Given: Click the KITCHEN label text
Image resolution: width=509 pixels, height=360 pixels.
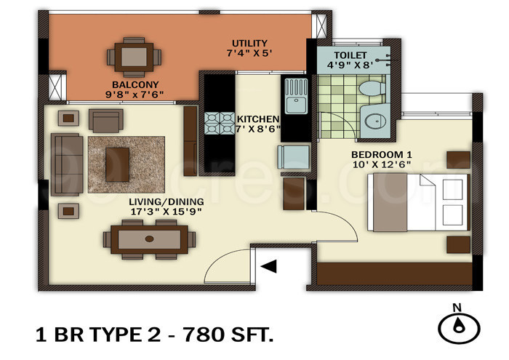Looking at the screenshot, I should tap(258, 119).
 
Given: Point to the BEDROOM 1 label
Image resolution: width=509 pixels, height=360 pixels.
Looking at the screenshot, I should tap(382, 155).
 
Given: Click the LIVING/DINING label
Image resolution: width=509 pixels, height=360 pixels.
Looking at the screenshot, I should tap(166, 201).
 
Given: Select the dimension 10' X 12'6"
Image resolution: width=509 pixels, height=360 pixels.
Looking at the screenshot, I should tap(382, 166).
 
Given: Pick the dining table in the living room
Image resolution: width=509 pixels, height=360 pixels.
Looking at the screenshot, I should tap(150, 239).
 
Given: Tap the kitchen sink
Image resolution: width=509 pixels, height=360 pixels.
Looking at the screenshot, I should tap(296, 98).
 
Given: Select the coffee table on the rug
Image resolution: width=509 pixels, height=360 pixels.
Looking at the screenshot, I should tap(118, 163).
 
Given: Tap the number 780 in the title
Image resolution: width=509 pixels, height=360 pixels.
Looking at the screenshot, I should tap(204, 335).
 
